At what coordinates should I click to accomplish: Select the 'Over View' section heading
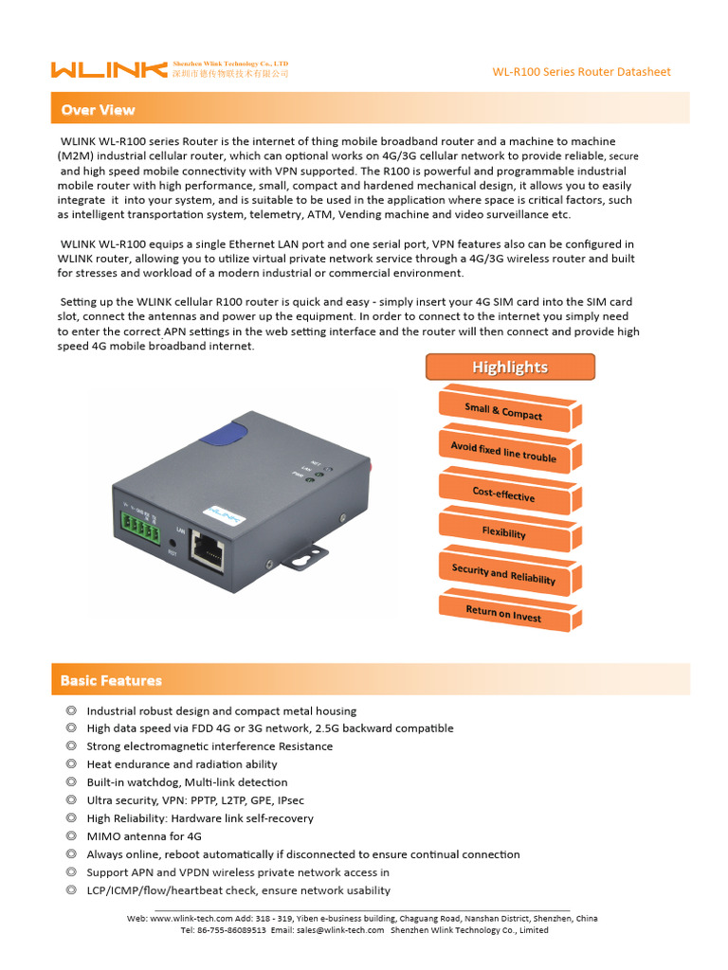coord(99,110)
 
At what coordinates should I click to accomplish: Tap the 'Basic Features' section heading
coord(111,680)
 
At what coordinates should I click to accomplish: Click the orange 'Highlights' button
coord(510,368)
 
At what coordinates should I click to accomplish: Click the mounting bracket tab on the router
coord(308,559)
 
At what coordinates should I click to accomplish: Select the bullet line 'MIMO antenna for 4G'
coord(144,836)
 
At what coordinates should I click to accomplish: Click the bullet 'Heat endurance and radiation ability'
coord(182,764)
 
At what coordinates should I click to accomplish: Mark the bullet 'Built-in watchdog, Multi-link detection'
coord(187,782)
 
